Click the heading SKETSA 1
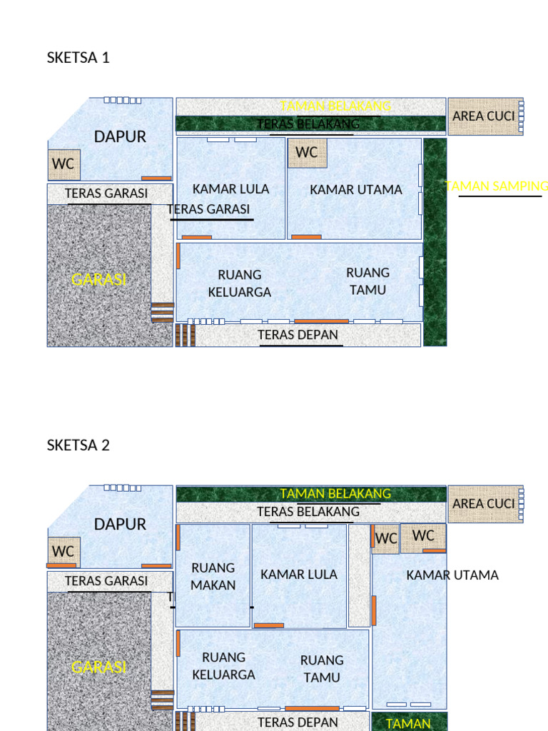tap(78, 58)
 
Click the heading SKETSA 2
tap(78, 445)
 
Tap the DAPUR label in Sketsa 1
tap(120, 136)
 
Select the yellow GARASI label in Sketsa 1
tap(98, 280)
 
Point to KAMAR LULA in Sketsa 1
tap(230, 189)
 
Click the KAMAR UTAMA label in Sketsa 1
tap(356, 190)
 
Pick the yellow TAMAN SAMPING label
tap(497, 186)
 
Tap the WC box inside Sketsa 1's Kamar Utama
tap(307, 152)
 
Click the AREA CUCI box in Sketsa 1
tap(483, 116)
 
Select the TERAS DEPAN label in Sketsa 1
tap(298, 335)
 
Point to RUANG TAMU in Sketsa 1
tap(368, 281)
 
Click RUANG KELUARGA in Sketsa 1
tap(240, 283)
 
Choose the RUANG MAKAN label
tap(213, 576)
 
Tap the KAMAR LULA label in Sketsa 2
tap(299, 575)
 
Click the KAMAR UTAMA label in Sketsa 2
tap(452, 575)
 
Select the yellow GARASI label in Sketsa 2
tap(98, 667)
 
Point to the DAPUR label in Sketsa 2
tap(120, 524)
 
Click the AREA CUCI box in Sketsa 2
tap(483, 503)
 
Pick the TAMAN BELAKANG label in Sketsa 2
tap(335, 493)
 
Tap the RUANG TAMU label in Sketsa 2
tap(322, 669)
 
